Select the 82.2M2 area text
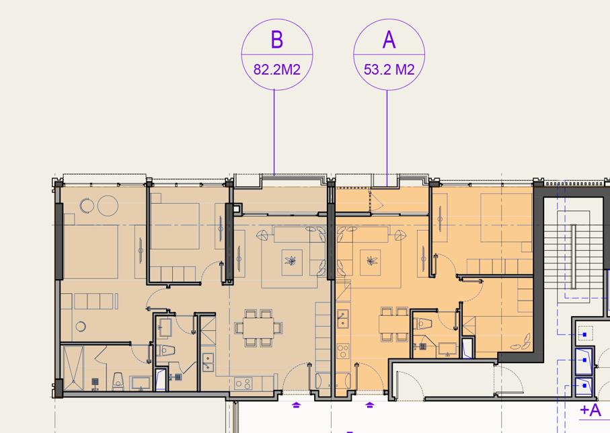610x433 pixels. [x=277, y=70]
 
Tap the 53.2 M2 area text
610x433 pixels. [x=389, y=70]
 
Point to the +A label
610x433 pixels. [x=590, y=410]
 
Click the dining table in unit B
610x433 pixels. [x=259, y=327]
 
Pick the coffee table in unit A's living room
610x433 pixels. [x=371, y=261]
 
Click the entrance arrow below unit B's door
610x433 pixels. [x=297, y=405]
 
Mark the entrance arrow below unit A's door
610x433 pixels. [x=369, y=405]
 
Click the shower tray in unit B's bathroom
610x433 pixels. [x=73, y=368]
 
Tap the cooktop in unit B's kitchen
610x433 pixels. [x=243, y=384]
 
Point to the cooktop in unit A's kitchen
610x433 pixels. [x=343, y=351]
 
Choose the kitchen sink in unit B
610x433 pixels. [x=208, y=362]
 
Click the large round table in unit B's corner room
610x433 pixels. [x=108, y=206]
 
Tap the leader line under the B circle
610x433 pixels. [x=274, y=132]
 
